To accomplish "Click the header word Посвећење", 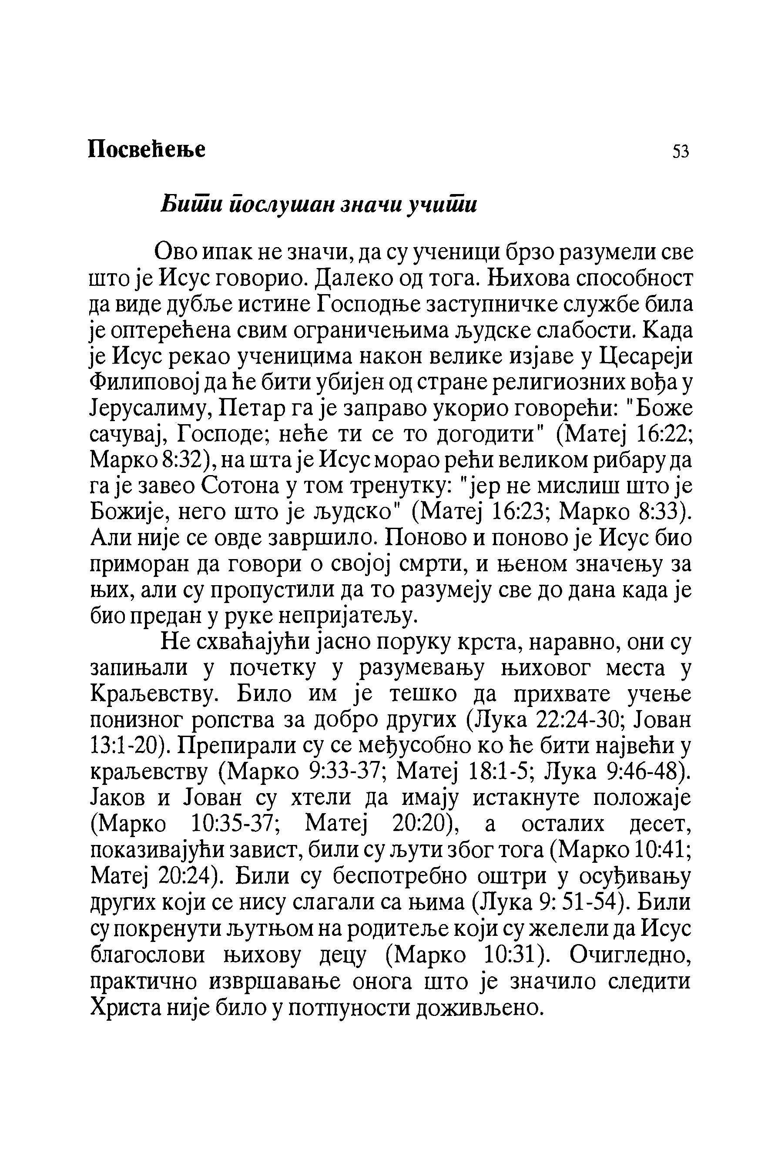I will tap(146, 149).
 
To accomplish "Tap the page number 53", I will tap(681, 151).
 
